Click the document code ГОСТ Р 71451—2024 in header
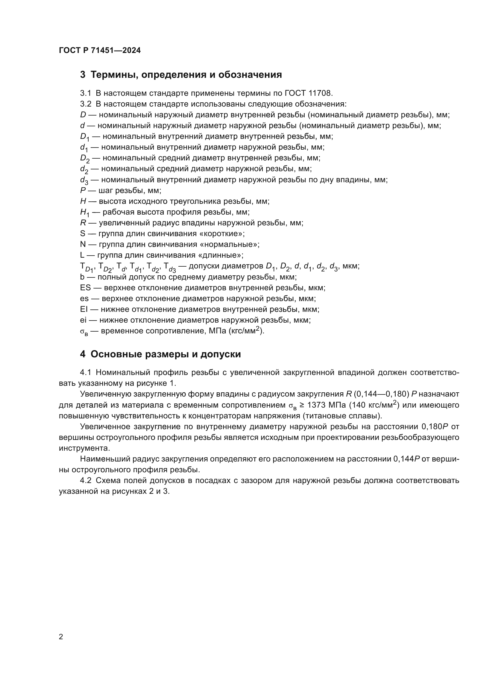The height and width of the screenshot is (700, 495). point(100,51)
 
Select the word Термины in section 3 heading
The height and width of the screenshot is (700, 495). point(113,75)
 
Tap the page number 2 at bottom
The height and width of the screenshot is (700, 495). point(61,637)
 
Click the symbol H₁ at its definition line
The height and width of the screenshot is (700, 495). point(84,212)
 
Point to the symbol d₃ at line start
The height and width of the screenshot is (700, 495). point(84,180)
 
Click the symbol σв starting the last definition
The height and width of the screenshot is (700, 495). point(84,331)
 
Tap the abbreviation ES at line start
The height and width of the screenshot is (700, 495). point(85,288)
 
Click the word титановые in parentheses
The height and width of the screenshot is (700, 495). point(336,416)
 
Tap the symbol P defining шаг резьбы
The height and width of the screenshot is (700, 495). point(83,191)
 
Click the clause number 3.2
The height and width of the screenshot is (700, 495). point(86,104)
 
